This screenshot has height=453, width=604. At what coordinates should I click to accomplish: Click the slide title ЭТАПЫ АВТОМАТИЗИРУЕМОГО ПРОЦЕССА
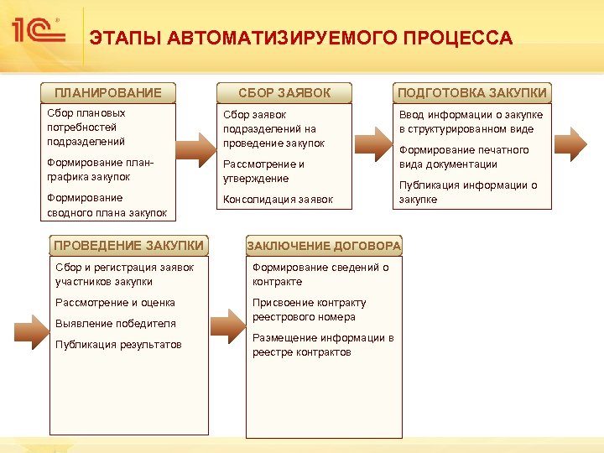point(300,39)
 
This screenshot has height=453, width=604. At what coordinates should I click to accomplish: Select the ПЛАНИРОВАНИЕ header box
point(108,92)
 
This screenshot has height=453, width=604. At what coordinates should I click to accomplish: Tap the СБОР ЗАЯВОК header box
point(284,92)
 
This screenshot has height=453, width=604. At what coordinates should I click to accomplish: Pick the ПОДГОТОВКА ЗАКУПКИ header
point(472,92)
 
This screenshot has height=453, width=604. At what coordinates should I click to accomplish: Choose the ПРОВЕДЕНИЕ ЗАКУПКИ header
point(128,246)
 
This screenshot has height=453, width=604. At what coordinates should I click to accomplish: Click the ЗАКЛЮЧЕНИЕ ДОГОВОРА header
point(324,246)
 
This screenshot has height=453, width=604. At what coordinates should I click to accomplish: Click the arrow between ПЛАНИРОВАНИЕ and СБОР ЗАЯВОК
point(195,145)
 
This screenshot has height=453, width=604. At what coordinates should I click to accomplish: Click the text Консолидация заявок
point(278,200)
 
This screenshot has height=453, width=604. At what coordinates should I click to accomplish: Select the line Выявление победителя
point(115,324)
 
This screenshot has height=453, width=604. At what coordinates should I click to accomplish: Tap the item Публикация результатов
point(117,345)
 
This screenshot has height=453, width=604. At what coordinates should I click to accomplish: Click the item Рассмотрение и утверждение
point(263,171)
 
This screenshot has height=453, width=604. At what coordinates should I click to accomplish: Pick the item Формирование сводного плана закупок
point(107,206)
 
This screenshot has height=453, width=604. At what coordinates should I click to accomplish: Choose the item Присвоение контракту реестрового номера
point(309,310)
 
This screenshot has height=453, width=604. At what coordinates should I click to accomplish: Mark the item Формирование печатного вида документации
point(464,157)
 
